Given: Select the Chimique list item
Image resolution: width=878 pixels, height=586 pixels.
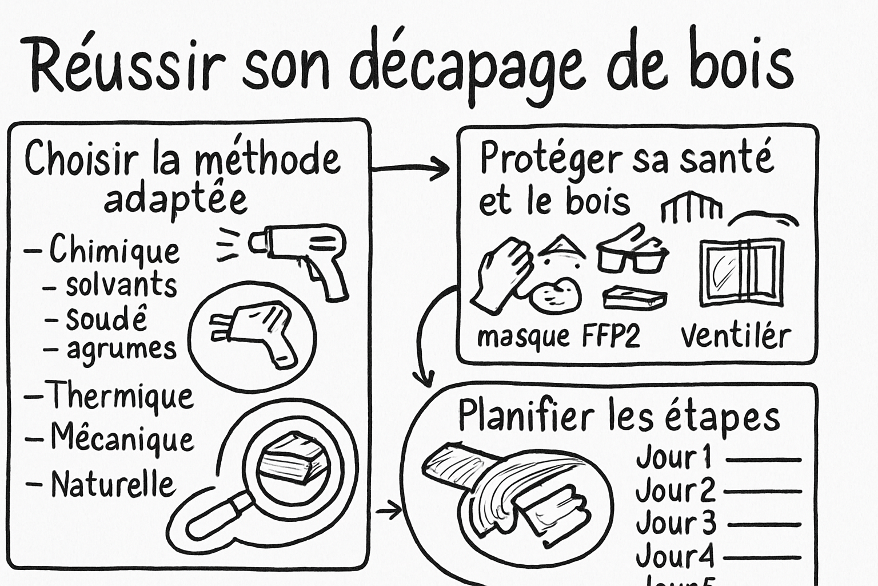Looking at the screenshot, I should [114, 250].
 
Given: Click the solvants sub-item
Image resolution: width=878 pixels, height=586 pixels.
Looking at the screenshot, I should [121, 284].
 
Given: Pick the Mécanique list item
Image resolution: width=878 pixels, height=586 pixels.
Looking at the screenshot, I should [122, 439].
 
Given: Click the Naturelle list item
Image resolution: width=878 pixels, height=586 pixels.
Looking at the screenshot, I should [112, 484].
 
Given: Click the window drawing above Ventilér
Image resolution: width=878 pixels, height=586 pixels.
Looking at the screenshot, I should [741, 272].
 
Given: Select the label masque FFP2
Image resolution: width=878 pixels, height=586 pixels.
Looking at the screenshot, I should [558, 336].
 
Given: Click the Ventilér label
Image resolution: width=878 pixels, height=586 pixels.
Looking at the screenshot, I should [736, 336].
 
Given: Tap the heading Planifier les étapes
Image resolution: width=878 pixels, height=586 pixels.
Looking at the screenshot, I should [618, 416].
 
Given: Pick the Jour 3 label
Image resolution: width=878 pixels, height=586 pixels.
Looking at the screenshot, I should [676, 523].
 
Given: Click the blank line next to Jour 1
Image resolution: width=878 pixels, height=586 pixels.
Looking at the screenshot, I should [763, 460].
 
